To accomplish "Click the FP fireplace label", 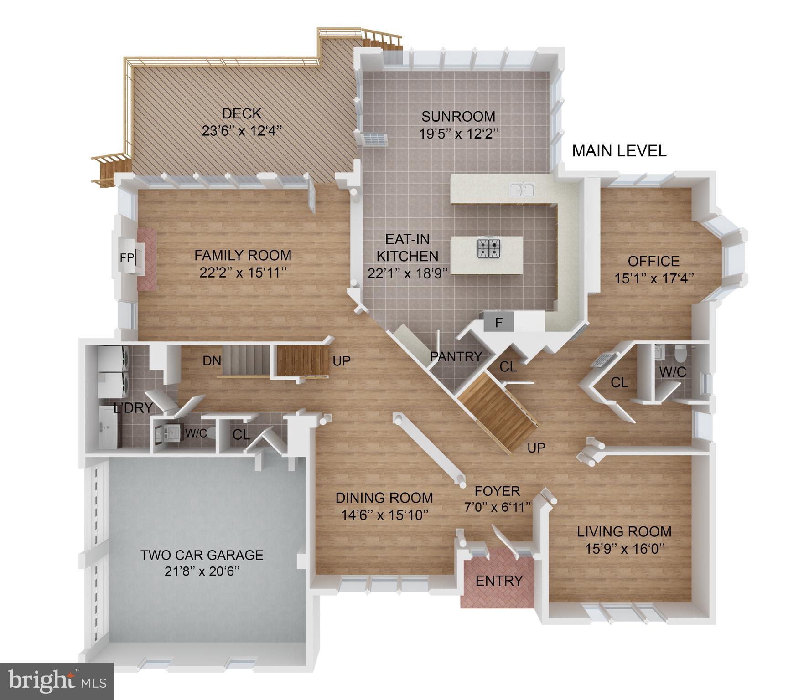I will coord(126,258).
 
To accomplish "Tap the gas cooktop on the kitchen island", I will coord(489,248).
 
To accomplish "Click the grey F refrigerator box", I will coord(498,322).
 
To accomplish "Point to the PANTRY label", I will coord(456,356).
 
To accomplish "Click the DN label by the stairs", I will coord(212,361).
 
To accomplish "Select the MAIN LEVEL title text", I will coord(619,151).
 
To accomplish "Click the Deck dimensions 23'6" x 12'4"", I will coord(242,131).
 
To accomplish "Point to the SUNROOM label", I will coord(458,117).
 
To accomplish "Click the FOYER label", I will coord(497,491).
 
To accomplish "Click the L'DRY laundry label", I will coord(133,408).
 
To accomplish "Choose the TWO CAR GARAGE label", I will coord(202,555).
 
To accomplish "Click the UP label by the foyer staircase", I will coord(536,448).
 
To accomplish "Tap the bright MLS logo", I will coord(57,681).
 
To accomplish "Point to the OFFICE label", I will coord(654,261).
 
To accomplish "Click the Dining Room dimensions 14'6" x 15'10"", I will coord(384,515).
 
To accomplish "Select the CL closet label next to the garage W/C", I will coord(241,435).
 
